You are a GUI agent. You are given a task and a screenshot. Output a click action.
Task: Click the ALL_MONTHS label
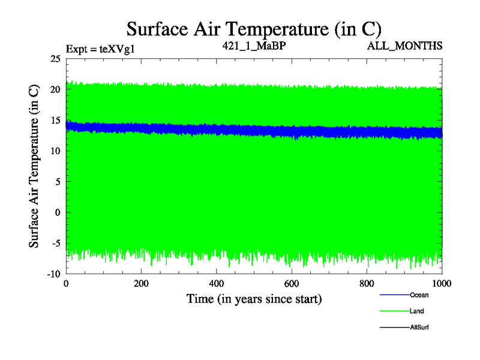click(405, 46)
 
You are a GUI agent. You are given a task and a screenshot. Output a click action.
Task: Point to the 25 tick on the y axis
click(55, 59)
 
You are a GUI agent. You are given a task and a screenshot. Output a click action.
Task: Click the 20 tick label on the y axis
click(55, 89)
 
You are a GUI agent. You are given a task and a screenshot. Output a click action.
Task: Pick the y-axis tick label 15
click(55, 120)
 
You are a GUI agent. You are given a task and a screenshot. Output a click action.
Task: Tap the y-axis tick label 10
click(55, 151)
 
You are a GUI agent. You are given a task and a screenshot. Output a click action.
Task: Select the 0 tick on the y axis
click(58, 212)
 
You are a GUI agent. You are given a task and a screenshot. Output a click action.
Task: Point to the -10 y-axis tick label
click(53, 274)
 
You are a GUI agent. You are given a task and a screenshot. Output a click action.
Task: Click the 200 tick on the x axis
click(141, 284)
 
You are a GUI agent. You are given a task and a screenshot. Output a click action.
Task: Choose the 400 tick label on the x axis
click(217, 284)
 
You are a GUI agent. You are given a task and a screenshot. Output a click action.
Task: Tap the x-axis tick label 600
click(292, 284)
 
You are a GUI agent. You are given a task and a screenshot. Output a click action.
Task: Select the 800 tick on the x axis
click(367, 284)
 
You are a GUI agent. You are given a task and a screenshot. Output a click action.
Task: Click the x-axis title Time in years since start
click(254, 298)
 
